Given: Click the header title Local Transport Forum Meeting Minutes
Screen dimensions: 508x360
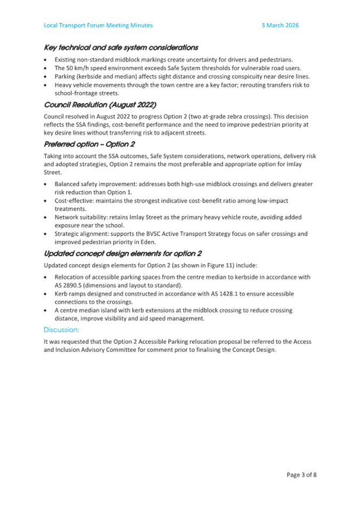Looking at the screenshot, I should (x=98, y=25).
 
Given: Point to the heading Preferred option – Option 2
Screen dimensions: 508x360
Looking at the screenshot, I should (x=89, y=144).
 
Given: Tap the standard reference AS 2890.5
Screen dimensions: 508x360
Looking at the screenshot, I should (x=71, y=285).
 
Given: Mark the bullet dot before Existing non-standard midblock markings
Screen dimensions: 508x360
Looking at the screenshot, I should (x=46, y=60).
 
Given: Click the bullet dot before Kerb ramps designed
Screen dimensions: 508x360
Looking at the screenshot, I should (x=46, y=293).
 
